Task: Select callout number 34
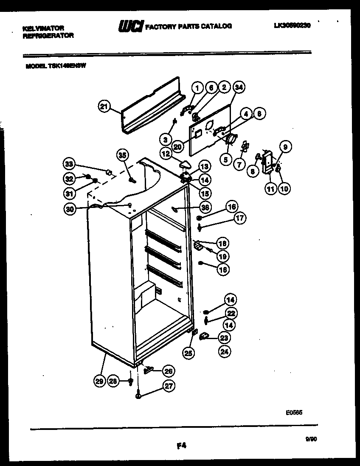pyautogui.click(x=239, y=88)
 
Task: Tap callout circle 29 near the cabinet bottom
pyautogui.click(x=99, y=381)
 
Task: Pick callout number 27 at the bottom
pyautogui.click(x=169, y=387)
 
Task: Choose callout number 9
pyautogui.click(x=285, y=147)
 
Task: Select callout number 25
pyautogui.click(x=188, y=352)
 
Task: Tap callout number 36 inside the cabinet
pyautogui.click(x=205, y=207)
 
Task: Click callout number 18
pyautogui.click(x=222, y=243)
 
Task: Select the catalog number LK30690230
pyautogui.click(x=292, y=25)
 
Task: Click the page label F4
pyautogui.click(x=181, y=446)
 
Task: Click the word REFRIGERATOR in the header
pyautogui.click(x=48, y=36)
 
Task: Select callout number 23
pyautogui.click(x=223, y=338)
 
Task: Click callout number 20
pyautogui.click(x=178, y=146)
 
